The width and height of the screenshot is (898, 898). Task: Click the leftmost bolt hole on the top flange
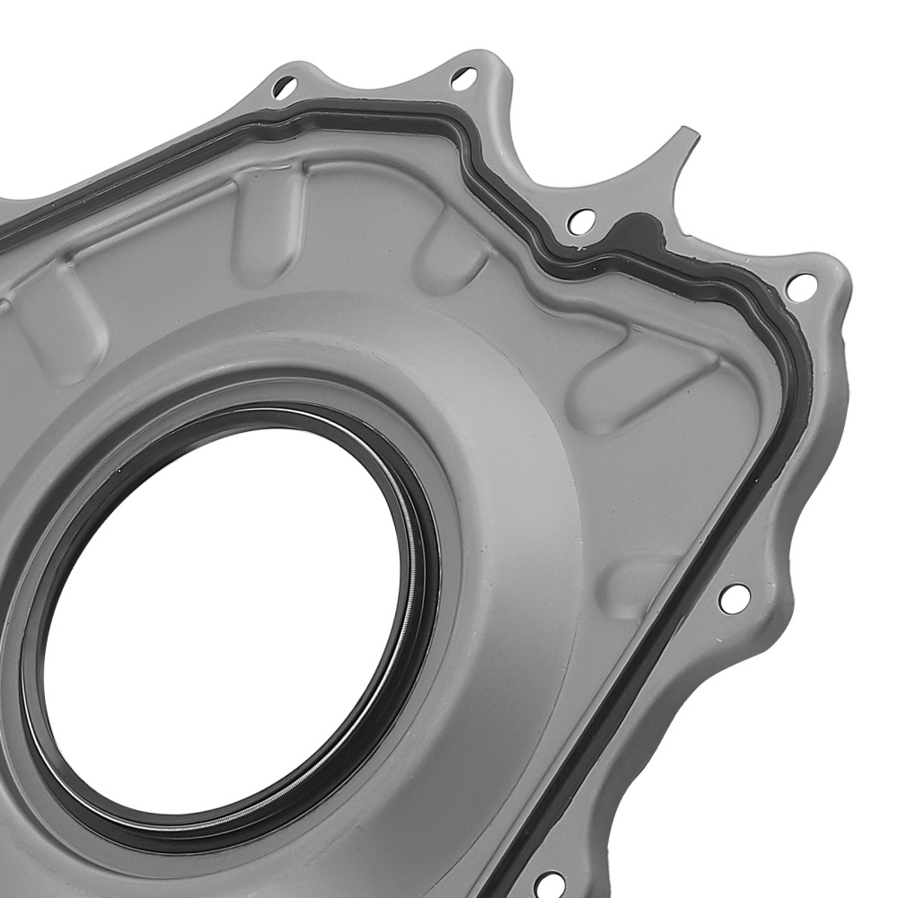284,87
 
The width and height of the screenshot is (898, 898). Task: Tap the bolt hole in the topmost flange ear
463,79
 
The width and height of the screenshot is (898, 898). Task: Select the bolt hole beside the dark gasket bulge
581,219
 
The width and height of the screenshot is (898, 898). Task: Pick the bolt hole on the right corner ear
800,286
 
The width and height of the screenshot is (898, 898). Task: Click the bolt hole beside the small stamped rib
734,597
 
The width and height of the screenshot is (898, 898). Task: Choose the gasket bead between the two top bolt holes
377,110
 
